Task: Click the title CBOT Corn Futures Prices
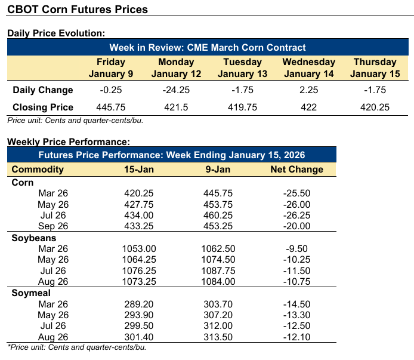[78, 10]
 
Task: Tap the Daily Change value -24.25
[176, 90]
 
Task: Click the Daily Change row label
[42, 90]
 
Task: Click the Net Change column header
[296, 169]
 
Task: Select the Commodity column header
[38, 169]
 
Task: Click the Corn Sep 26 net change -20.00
[297, 225]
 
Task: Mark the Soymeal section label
[31, 293]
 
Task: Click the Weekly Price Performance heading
[69, 142]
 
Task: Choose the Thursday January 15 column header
[375, 67]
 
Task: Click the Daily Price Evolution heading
[56, 33]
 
